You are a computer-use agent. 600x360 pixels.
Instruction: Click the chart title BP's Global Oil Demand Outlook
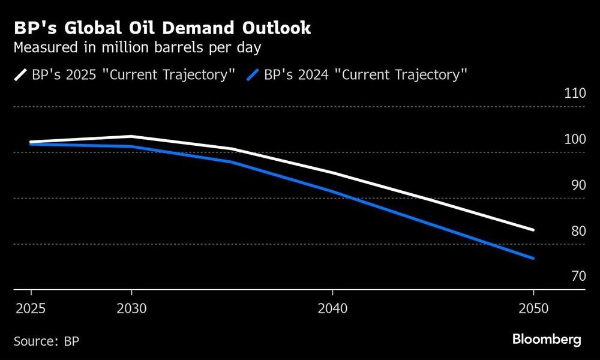tap(161, 28)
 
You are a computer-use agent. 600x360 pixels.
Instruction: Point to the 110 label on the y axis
tap(574, 94)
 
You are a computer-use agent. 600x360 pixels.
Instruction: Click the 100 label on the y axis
tap(574, 139)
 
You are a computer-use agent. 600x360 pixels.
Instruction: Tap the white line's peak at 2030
tap(131, 136)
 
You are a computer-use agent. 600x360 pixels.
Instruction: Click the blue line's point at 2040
tap(332, 191)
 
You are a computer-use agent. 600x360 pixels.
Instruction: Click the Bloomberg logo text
tap(547, 340)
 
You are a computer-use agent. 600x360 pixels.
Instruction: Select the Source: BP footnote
tap(46, 341)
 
